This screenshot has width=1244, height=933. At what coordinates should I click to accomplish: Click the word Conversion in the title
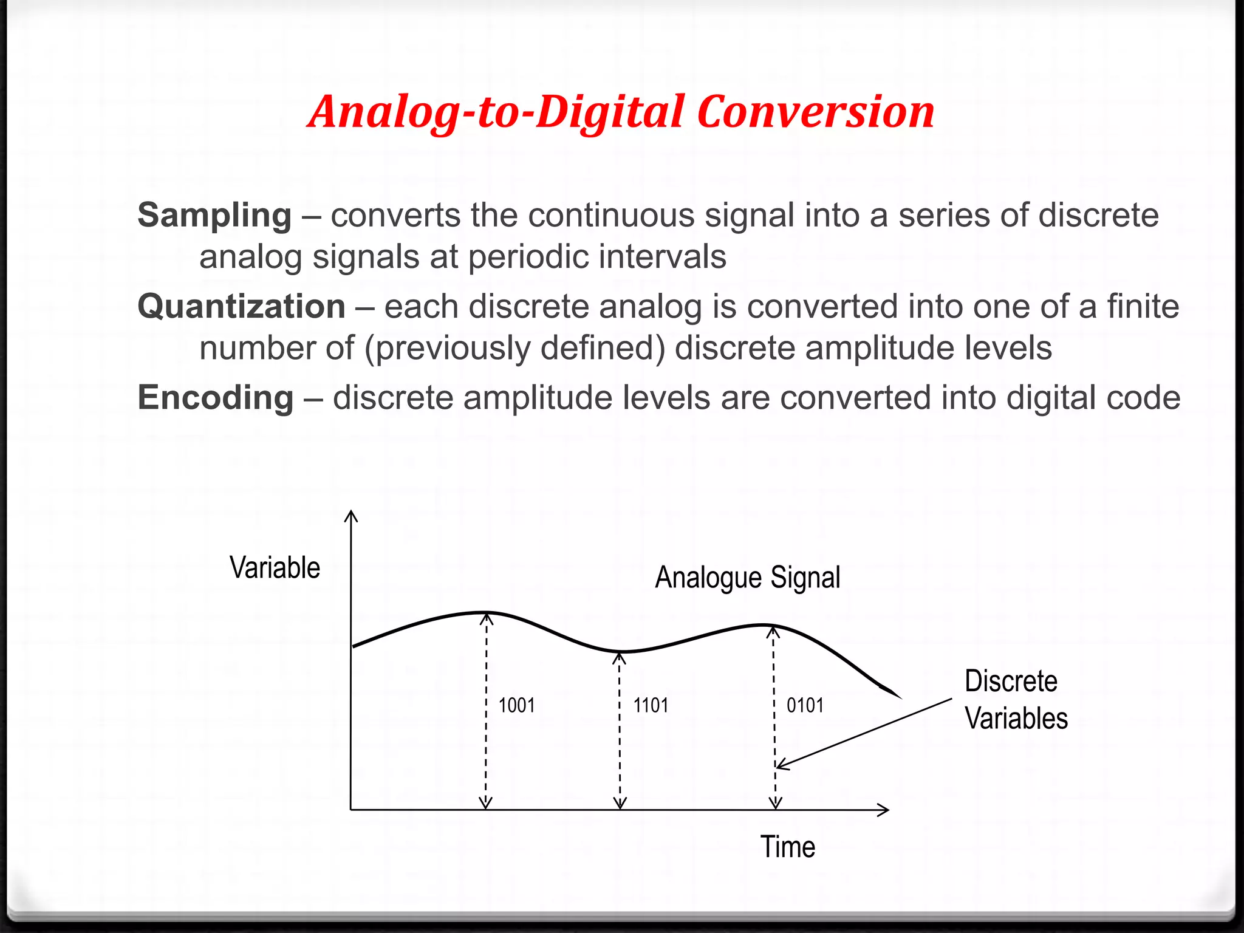pyautogui.click(x=816, y=112)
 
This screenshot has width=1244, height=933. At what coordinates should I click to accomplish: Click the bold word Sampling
pyautogui.click(x=214, y=216)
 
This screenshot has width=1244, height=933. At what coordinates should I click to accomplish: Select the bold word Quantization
pyautogui.click(x=241, y=306)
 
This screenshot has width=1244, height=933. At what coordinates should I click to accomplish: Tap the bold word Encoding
pyautogui.click(x=216, y=398)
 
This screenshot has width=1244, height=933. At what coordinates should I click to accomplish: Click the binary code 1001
pyautogui.click(x=516, y=705)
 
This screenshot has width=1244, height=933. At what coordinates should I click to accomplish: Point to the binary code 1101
pyautogui.click(x=651, y=705)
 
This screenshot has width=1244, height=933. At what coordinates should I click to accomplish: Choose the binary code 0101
pyautogui.click(x=805, y=705)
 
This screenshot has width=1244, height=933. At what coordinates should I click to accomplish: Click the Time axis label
pyautogui.click(x=788, y=847)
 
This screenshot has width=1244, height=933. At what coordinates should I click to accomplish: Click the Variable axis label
pyautogui.click(x=275, y=568)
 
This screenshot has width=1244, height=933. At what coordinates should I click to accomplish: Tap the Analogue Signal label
pyautogui.click(x=747, y=577)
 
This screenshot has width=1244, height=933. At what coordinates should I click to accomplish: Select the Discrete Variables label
pyautogui.click(x=1016, y=700)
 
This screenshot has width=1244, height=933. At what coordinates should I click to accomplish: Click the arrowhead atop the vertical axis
pyautogui.click(x=351, y=516)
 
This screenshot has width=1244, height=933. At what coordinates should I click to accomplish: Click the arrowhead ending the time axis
pyautogui.click(x=884, y=810)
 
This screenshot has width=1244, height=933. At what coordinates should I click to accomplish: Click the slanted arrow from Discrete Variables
pyautogui.click(x=866, y=733)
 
